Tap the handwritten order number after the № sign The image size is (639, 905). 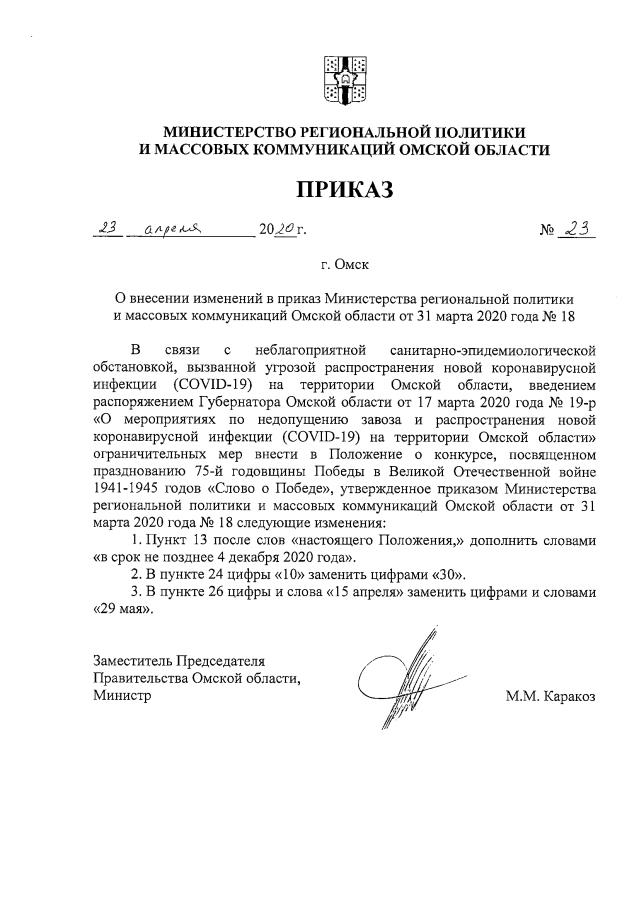tap(575, 229)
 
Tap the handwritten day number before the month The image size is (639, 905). tap(106, 229)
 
